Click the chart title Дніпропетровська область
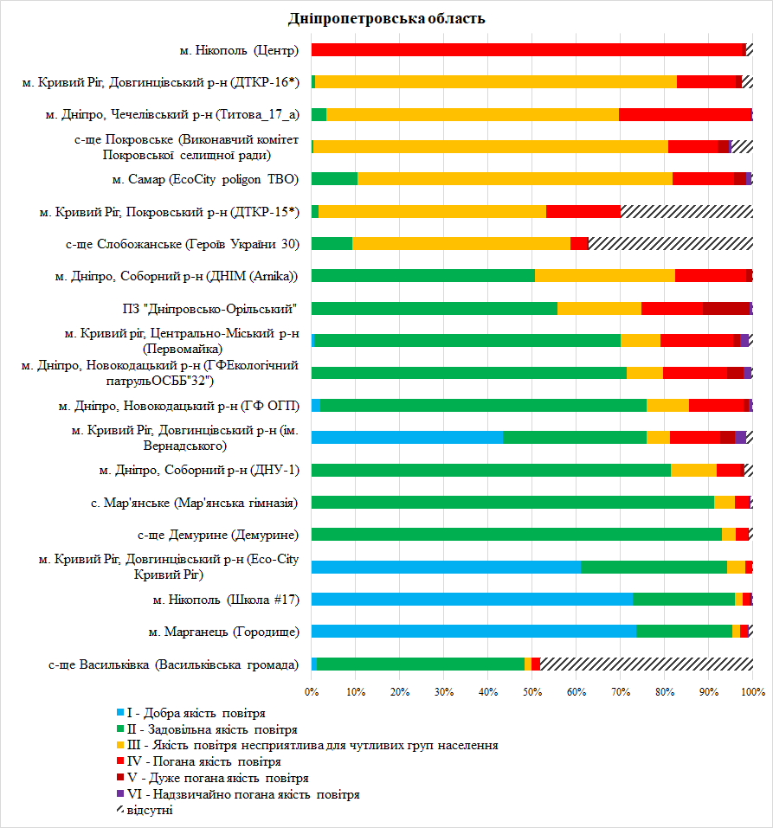point(386,18)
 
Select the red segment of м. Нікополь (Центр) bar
point(527,49)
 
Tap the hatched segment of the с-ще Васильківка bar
point(647,664)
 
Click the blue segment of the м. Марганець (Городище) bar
point(474,632)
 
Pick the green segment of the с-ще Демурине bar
point(517,535)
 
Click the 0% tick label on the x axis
point(312,692)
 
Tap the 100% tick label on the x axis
point(753,692)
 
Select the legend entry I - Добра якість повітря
point(190,714)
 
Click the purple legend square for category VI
point(120,793)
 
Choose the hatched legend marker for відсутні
point(120,810)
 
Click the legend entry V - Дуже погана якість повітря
point(212,778)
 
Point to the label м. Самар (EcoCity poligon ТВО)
point(205,180)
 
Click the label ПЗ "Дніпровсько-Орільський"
point(209,309)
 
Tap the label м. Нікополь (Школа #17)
point(226,600)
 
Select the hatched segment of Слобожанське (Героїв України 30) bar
point(671,243)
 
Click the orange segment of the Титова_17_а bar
point(473,114)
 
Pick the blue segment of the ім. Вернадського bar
point(407,437)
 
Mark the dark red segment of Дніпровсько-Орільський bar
point(726,308)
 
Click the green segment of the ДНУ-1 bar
point(492,470)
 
